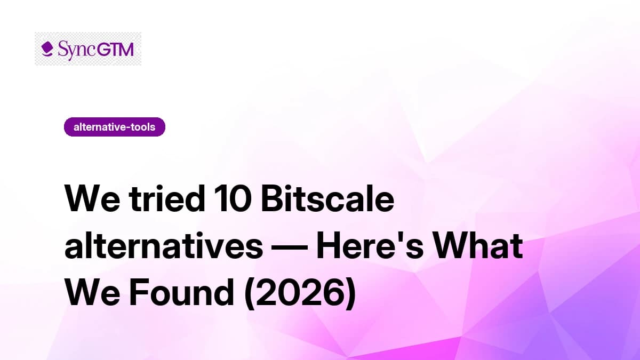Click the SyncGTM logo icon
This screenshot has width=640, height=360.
pyautogui.click(x=47, y=49)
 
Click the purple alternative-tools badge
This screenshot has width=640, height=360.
pyautogui.click(x=114, y=127)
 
